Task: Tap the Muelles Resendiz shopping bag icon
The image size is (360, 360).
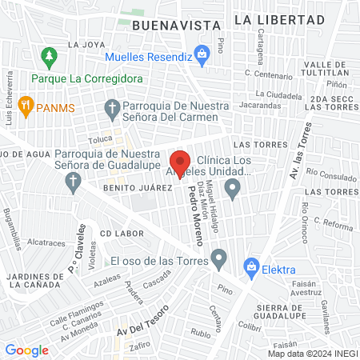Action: (x=202, y=55)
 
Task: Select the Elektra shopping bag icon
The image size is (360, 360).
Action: (x=252, y=266)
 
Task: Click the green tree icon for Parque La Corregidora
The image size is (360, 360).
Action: (x=49, y=56)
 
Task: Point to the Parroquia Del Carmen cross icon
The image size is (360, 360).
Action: (x=113, y=107)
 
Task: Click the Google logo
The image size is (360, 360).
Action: (x=26, y=350)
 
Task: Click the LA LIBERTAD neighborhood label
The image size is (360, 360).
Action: (x=280, y=18)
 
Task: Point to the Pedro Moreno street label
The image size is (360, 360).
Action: (x=197, y=216)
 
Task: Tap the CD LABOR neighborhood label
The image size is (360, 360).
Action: (x=122, y=233)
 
